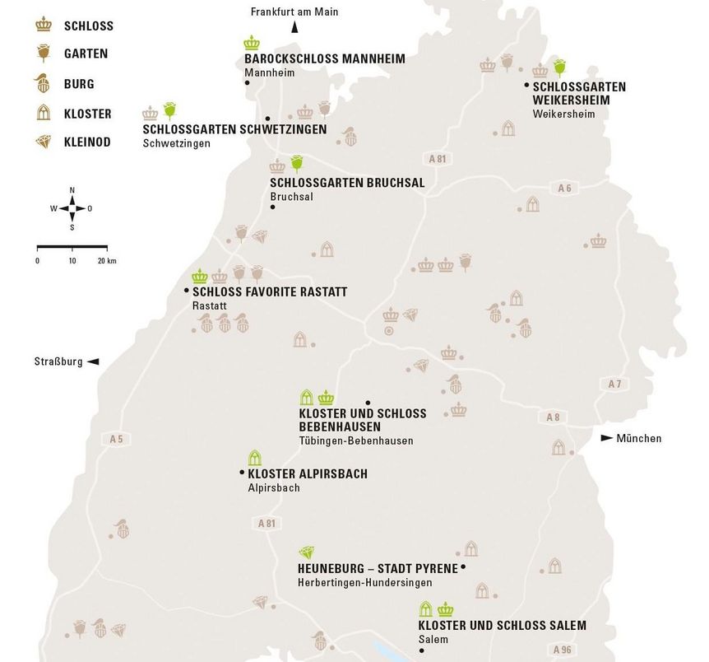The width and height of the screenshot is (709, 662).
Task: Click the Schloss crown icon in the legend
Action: (44, 26)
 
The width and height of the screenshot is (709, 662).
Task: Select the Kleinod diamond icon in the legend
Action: (44, 142)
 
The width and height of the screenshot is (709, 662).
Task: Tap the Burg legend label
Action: (79, 84)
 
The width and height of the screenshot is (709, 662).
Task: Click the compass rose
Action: (72, 207)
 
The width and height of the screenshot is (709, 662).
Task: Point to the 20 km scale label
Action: (106, 261)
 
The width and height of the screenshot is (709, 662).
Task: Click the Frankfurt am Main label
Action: (294, 12)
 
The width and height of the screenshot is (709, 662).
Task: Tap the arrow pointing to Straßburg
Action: (93, 361)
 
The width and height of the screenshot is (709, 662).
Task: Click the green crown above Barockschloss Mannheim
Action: (252, 43)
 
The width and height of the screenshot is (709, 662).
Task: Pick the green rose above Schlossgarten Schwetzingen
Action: (170, 110)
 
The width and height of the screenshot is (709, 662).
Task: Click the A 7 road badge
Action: (615, 384)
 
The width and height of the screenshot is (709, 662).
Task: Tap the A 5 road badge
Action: (116, 439)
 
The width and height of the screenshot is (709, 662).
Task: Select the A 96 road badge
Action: (563, 650)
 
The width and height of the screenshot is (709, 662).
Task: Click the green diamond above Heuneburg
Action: (307, 552)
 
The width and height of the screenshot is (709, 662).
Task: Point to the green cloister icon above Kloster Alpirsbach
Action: (255, 458)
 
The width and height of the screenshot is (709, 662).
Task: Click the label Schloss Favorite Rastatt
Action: (270, 291)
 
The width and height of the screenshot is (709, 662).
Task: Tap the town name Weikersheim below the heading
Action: (563, 114)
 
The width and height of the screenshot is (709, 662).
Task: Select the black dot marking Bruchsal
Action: (272, 207)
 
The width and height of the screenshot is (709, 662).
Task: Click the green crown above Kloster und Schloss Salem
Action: (446, 609)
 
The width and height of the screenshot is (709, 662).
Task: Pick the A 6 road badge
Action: (564, 189)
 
